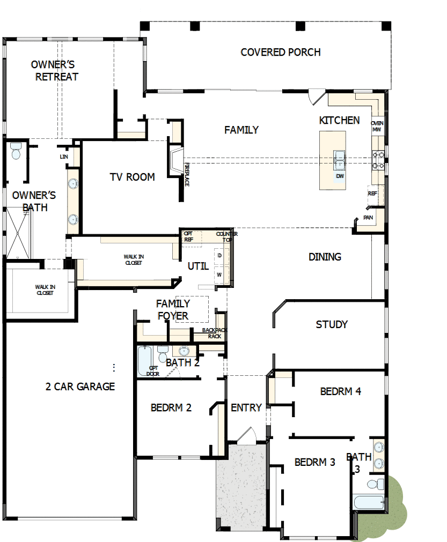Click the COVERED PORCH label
pos(280,52)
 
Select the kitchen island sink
pos(339,158)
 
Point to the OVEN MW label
pos(377,126)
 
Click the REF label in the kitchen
pos(372,194)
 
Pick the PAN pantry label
pos(368,218)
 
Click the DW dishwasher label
pos(340,176)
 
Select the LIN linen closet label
pos(64,157)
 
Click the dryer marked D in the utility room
pos(219,256)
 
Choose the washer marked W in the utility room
pos(219,274)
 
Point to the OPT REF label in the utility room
pos(188,236)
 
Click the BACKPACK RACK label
pos(215,333)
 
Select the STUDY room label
pos(332,324)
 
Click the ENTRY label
pos(246,408)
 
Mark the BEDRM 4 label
pos(340,391)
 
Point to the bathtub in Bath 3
pos(369,503)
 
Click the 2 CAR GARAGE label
pos(80,387)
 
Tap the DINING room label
pos(325,257)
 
